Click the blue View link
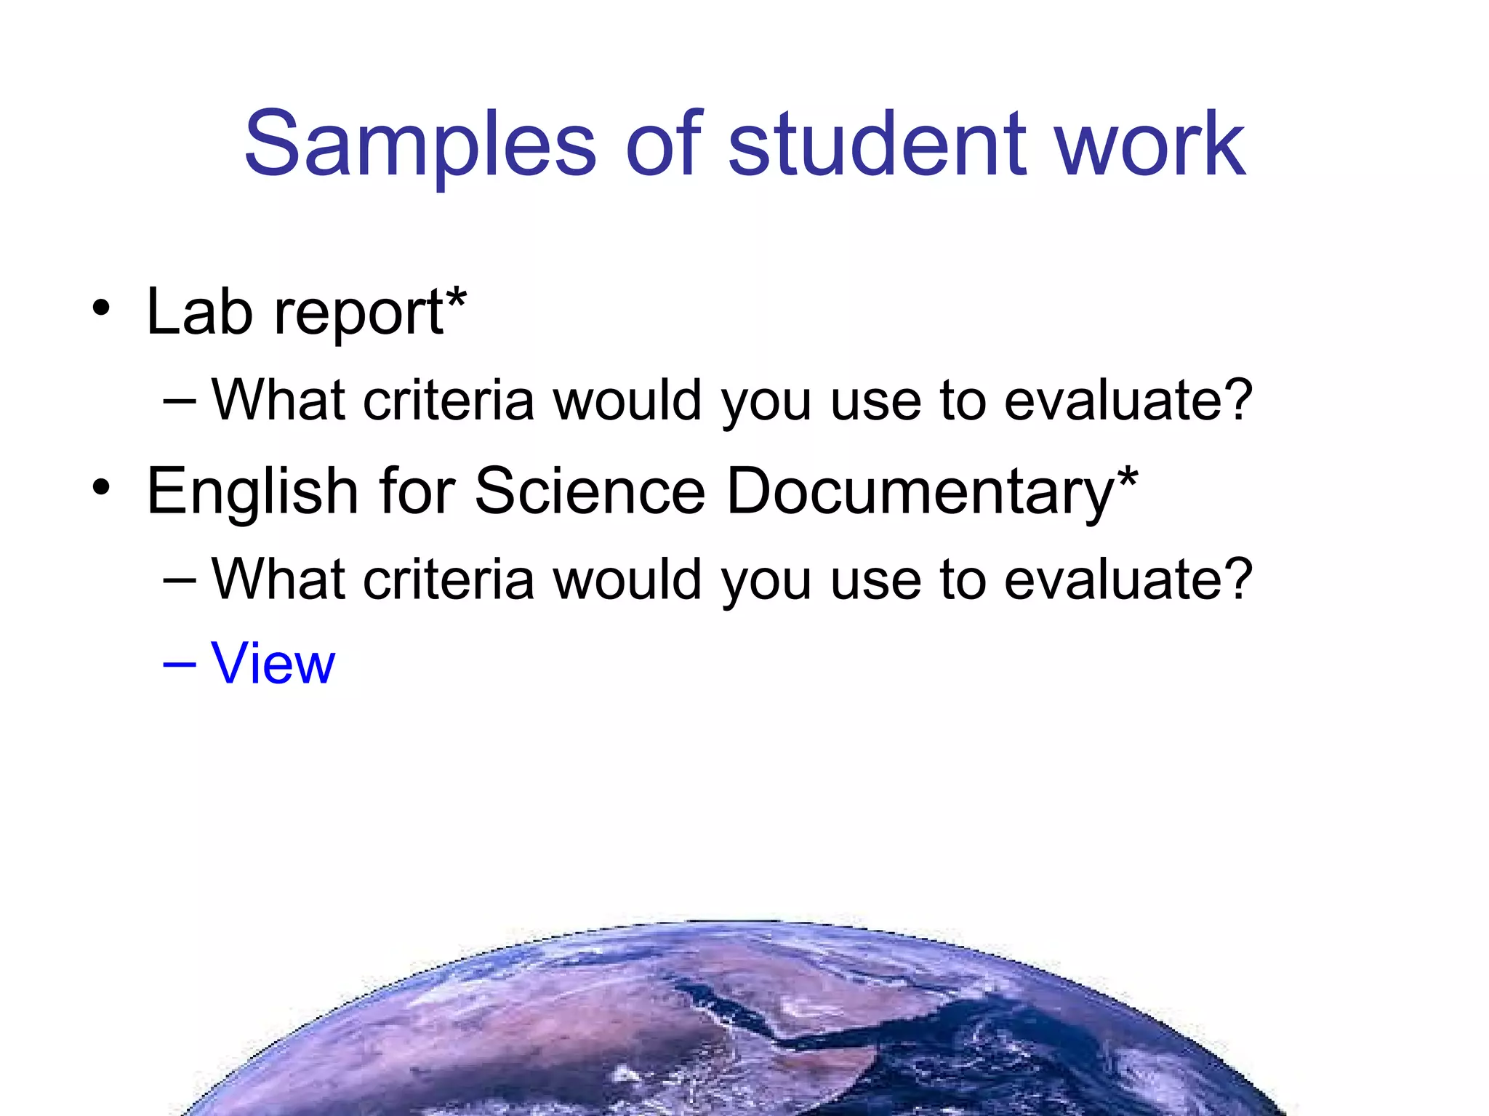point(273,663)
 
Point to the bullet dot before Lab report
point(101,309)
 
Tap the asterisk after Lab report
point(456,298)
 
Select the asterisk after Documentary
point(1128,478)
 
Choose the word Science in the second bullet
point(590,491)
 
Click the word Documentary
point(920,491)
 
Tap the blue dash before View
point(180,663)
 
